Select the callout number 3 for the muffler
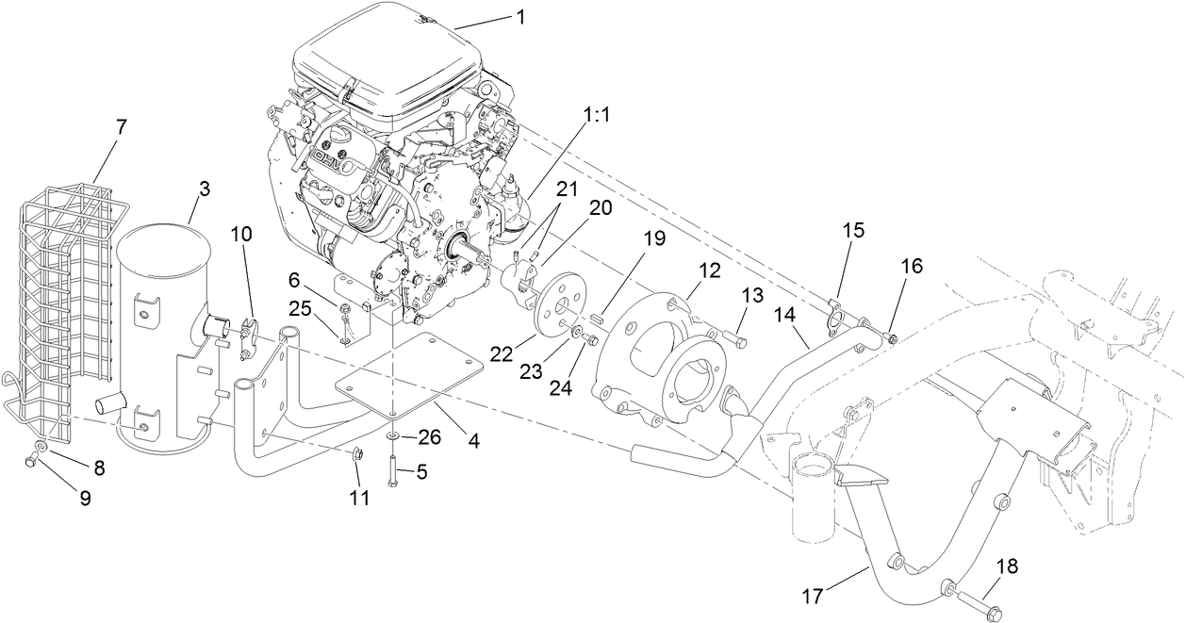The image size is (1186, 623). click(x=204, y=189)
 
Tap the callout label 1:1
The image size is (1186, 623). click(x=598, y=115)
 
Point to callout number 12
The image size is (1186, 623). click(x=709, y=270)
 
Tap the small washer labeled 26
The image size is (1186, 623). click(x=391, y=435)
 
